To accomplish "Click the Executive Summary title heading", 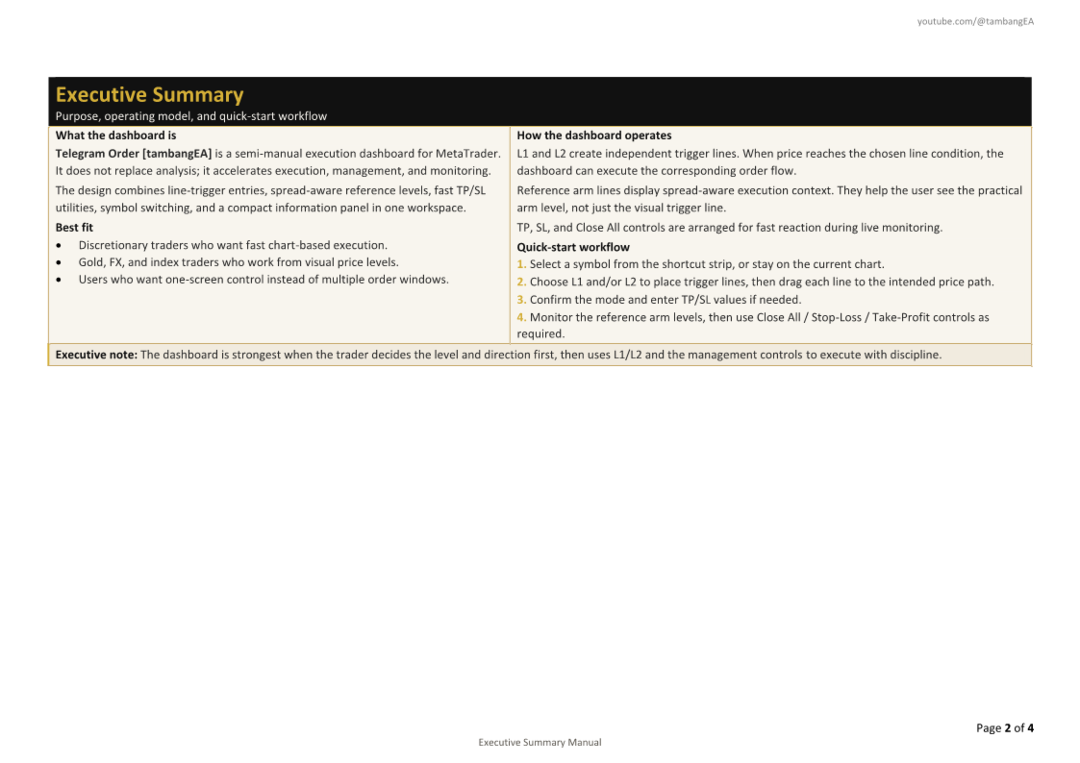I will pos(149,94).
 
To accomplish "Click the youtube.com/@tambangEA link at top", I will pos(975,21).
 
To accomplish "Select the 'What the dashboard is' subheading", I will pos(115,135).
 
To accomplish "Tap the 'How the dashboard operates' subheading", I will pos(593,135).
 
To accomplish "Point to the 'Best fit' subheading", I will pos(74,228).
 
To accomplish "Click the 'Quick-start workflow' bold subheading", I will pos(573,247).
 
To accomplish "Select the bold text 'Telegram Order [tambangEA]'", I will pos(133,153).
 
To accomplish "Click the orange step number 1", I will pos(521,264).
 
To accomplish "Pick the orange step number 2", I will pos(521,282).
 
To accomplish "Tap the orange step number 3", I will pos(521,299).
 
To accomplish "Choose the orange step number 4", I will pos(521,317).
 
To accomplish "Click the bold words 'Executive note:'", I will pos(96,355).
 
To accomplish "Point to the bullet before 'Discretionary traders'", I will pos(60,246).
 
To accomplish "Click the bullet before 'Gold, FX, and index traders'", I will pos(60,262).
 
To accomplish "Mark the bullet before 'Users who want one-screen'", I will pos(60,280).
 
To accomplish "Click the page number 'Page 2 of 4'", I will pos(1005,727).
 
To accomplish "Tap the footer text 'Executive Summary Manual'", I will pos(540,742).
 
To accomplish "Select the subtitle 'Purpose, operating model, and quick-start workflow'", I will pos(190,116).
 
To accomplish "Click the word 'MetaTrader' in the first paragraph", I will pos(467,153).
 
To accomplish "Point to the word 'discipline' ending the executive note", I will pos(915,355).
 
